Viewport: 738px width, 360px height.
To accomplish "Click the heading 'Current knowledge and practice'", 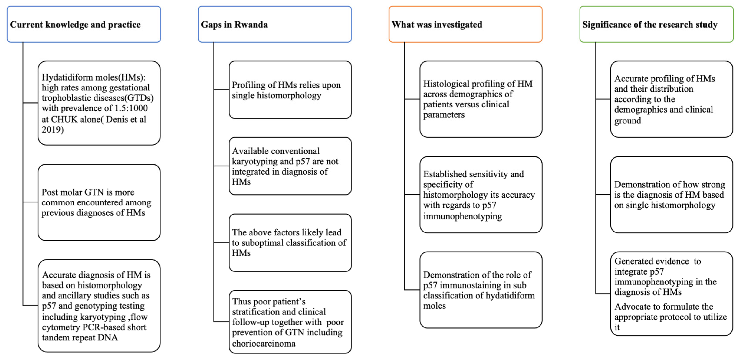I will pyautogui.click(x=75, y=25).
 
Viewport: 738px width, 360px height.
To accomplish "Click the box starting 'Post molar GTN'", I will pyautogui.click(x=99, y=202).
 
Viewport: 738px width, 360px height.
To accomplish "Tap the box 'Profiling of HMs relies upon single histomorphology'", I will pyautogui.click(x=290, y=90).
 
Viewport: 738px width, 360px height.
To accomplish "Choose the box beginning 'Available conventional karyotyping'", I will pyautogui.click(x=290, y=166).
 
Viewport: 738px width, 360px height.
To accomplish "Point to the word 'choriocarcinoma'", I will pyautogui.click(x=264, y=343).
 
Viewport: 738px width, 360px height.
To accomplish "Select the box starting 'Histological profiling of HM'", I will pyautogui.click(x=481, y=99).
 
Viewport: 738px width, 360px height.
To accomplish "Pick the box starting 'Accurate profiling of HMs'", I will pyautogui.click(x=672, y=99).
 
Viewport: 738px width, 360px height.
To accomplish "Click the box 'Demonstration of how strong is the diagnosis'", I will pyautogui.click(x=672, y=195).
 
